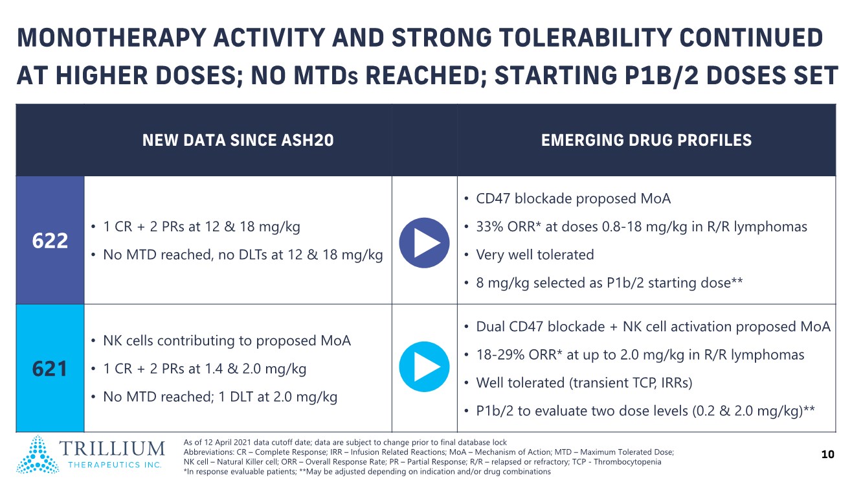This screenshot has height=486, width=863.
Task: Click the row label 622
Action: (x=50, y=241)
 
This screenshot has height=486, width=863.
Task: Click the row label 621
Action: (x=50, y=369)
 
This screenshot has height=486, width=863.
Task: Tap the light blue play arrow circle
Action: (x=425, y=366)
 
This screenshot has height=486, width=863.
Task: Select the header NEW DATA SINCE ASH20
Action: (x=238, y=140)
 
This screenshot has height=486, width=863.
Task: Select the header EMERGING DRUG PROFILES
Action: (x=646, y=140)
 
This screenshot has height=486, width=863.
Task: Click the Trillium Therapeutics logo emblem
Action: (x=37, y=454)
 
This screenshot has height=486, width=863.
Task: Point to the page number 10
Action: (x=827, y=454)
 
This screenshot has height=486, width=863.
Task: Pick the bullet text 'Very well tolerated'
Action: (x=535, y=255)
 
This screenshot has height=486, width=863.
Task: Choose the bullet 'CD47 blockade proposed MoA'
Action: (x=573, y=199)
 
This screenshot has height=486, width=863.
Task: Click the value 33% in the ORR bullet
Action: (x=490, y=227)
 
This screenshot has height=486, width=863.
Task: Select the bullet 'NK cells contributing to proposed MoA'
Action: (x=227, y=341)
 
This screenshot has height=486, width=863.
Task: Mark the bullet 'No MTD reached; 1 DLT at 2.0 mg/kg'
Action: (x=220, y=397)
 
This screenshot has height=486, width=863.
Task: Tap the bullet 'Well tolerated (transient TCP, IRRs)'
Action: (x=584, y=383)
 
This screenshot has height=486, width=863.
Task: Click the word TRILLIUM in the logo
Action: (x=114, y=448)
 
